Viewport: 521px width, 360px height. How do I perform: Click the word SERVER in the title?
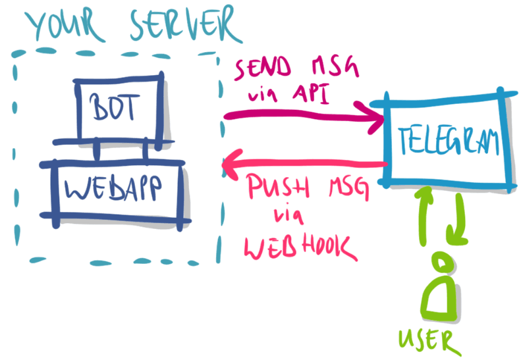(x=185, y=24)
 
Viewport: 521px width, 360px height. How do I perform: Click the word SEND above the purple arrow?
(x=263, y=68)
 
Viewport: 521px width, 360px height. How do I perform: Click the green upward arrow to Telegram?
(x=424, y=216)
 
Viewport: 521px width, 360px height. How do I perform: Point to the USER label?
(x=430, y=342)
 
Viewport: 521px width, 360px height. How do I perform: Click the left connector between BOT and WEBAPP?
(x=96, y=152)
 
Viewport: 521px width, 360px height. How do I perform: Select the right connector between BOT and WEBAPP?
(x=146, y=152)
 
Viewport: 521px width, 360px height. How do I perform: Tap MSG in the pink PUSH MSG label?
(x=348, y=189)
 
